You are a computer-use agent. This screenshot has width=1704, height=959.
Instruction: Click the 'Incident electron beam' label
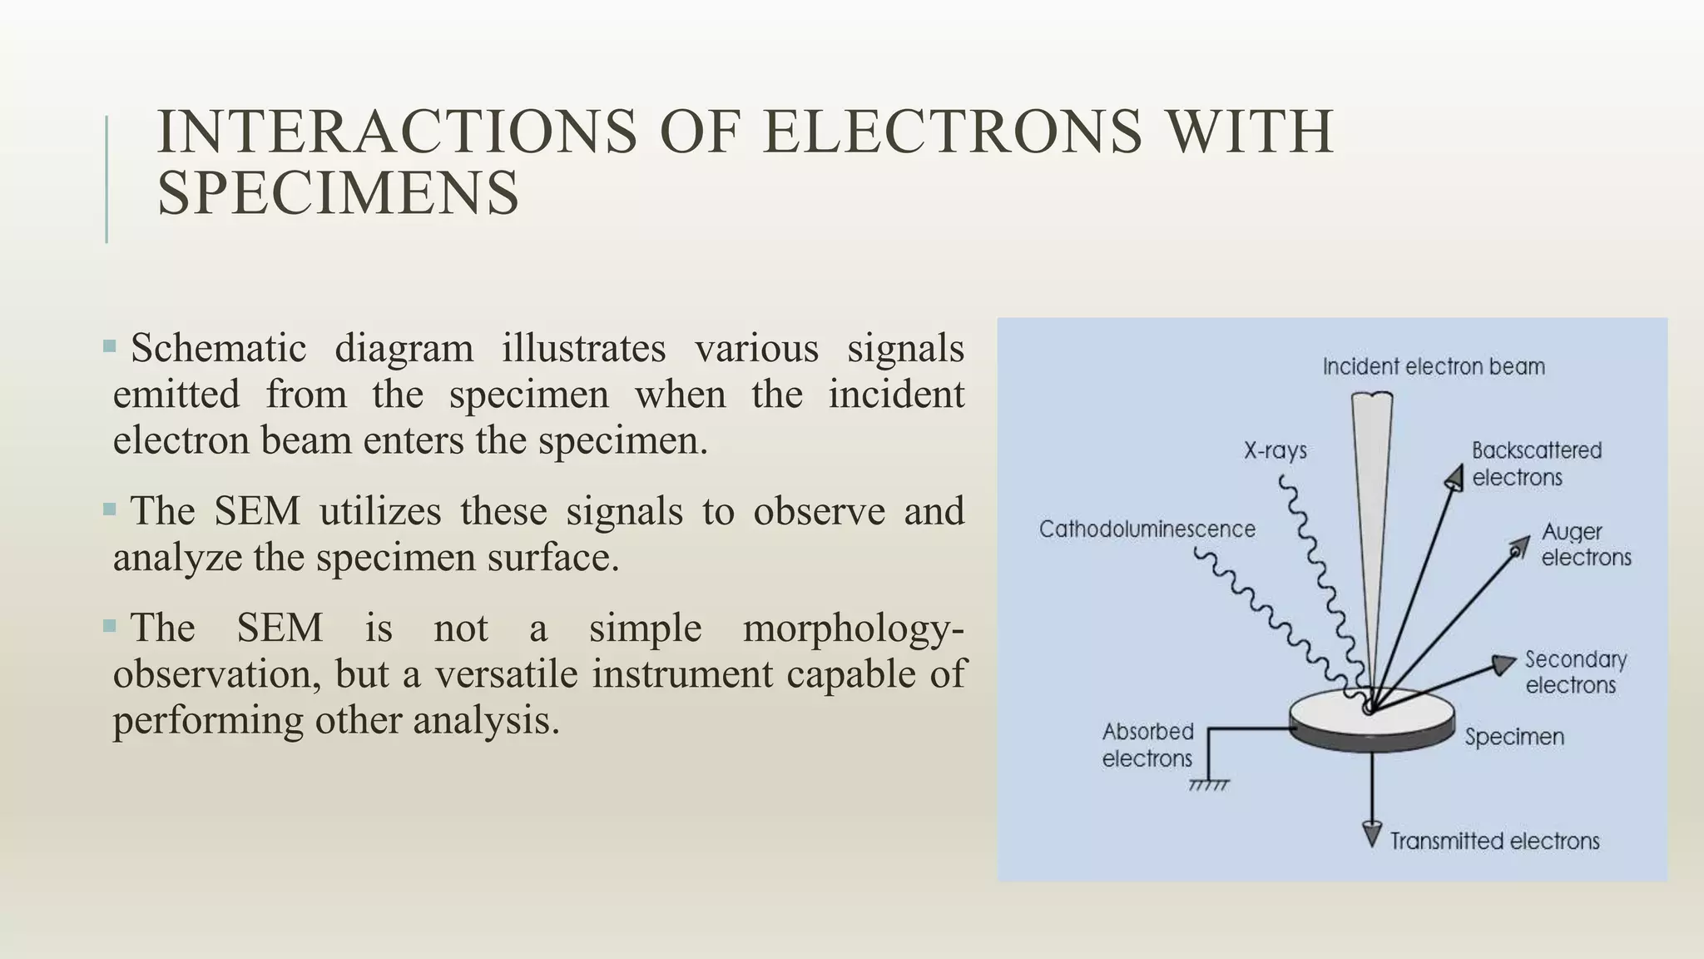[x=1433, y=367]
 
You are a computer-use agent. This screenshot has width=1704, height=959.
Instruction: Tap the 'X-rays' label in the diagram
[x=1275, y=451]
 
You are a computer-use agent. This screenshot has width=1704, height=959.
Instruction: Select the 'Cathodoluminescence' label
[x=1147, y=529]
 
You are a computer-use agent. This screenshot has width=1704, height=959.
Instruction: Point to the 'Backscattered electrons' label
[x=1536, y=464]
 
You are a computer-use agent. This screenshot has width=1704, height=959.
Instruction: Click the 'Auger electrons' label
[x=1585, y=544]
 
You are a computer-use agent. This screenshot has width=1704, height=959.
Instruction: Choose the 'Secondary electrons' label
[x=1574, y=673]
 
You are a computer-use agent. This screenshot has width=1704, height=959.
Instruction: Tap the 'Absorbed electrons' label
[x=1147, y=745]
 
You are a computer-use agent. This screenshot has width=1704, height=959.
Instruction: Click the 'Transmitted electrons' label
[x=1494, y=842]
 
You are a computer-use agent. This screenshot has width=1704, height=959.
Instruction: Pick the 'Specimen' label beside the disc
[x=1514, y=738]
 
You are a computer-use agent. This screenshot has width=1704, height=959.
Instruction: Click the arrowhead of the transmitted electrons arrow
[x=1371, y=834]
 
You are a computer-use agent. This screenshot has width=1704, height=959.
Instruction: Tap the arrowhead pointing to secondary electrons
[x=1503, y=664]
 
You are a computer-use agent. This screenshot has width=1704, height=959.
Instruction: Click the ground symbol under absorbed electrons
[x=1209, y=785]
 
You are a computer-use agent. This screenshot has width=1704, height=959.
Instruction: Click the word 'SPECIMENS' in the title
[x=338, y=193]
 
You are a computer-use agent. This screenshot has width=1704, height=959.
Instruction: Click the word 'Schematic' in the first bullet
[x=218, y=348]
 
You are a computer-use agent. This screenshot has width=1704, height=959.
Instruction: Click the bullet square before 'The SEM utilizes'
[x=110, y=509]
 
